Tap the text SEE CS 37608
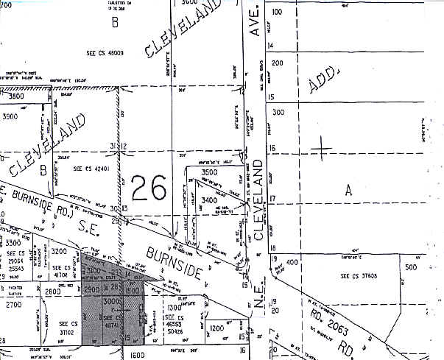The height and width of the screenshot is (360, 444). (360, 276)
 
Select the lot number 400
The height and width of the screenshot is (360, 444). (292, 262)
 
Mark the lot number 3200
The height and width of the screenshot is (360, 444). (60, 251)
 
